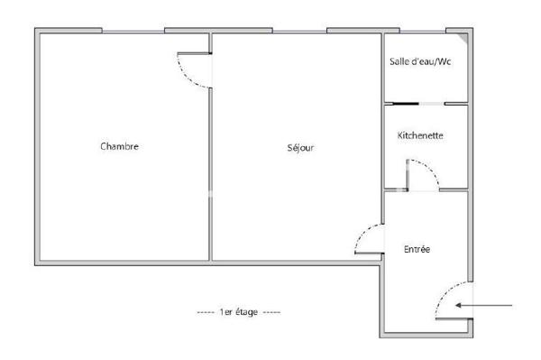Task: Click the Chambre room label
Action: point(120,146)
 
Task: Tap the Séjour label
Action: point(300,147)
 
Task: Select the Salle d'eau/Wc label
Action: point(419,61)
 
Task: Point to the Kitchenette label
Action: point(419,135)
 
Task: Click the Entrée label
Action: point(417,248)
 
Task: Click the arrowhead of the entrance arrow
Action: point(460,306)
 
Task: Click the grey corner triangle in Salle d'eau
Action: point(463,38)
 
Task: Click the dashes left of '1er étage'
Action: point(206,311)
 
